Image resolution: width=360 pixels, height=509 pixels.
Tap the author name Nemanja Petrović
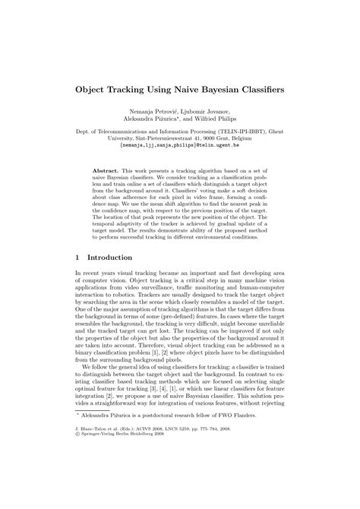(x=156, y=113)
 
